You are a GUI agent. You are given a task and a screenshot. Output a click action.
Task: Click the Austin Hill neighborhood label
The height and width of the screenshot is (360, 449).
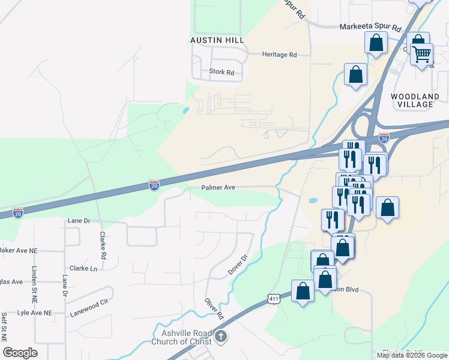click(x=217, y=40)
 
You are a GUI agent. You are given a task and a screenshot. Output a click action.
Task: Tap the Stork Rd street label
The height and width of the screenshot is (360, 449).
click(x=221, y=72)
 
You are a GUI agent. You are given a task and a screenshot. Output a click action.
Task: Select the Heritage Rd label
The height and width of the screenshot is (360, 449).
click(x=280, y=55)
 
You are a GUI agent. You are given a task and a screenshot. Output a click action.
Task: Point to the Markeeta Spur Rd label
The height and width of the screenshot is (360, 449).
click(x=370, y=28)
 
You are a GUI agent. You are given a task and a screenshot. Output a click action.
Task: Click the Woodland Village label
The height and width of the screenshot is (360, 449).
click(x=415, y=100)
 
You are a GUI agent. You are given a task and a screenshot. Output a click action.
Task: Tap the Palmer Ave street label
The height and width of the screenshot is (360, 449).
click(x=218, y=187)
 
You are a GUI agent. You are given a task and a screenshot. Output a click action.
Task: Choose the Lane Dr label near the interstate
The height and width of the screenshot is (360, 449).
click(x=79, y=221)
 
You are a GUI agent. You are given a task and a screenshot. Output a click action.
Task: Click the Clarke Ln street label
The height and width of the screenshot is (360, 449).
click(x=83, y=268)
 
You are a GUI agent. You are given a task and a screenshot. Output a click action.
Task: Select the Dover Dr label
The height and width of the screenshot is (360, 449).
click(x=238, y=266)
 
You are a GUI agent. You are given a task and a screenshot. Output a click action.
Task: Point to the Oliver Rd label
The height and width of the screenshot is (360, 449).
click(x=214, y=308)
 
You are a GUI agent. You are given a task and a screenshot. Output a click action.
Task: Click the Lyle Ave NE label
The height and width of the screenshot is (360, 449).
click(x=35, y=313)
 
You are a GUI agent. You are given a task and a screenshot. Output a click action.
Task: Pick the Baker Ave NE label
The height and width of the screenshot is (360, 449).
click(x=18, y=250)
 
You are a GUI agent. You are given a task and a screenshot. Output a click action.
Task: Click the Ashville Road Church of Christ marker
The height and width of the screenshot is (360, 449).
click(x=221, y=336)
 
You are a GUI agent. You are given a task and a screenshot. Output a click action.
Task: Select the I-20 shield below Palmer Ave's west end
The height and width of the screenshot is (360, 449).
click(x=154, y=185)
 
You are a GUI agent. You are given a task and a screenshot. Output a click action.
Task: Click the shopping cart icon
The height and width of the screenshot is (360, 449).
click(x=422, y=54)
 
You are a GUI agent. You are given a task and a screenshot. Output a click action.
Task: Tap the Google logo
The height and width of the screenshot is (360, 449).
click(x=20, y=353)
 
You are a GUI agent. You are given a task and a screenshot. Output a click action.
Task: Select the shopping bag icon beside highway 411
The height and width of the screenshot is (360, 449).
click(x=303, y=291)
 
